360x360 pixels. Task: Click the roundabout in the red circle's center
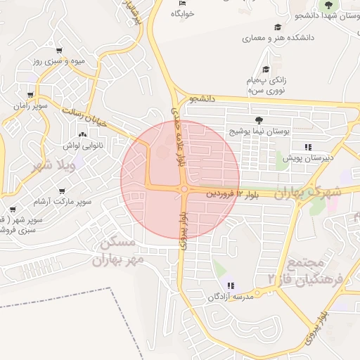[184, 188]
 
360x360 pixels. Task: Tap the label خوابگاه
[182, 13]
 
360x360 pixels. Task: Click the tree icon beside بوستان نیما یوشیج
[259, 120]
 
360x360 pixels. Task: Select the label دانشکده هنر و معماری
[278, 37]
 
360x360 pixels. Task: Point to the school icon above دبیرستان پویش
[307, 147]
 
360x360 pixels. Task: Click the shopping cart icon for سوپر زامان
[30, 94]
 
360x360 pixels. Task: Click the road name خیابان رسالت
[84, 116]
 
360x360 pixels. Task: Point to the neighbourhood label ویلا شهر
[53, 166]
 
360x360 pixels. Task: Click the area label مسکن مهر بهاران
[117, 252]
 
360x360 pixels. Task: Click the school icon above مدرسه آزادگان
[231, 285]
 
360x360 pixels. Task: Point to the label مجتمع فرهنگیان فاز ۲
[305, 270]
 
